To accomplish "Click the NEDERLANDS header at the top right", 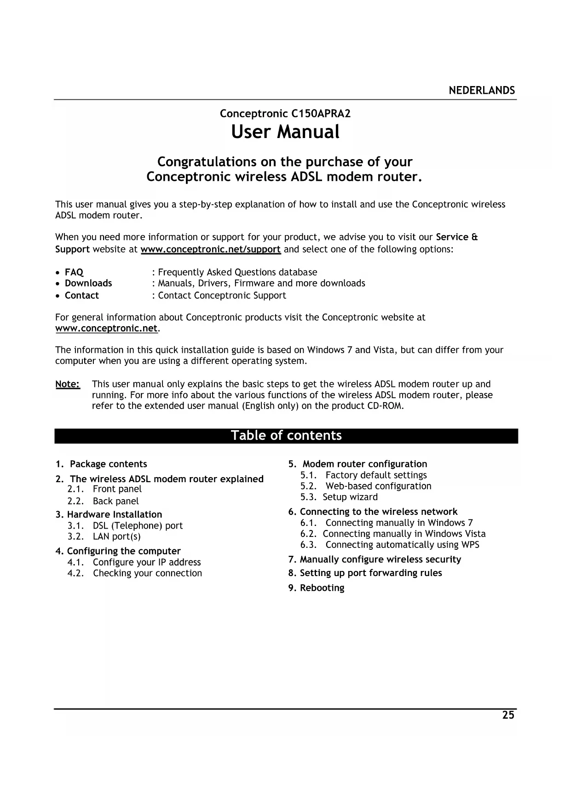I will [482, 90].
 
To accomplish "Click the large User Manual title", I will [285, 132].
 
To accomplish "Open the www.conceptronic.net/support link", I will [210, 249].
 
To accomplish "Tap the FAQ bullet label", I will [74, 272].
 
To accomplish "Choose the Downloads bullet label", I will [88, 283].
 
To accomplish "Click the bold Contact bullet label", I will [82, 295].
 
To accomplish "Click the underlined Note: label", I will [68, 384].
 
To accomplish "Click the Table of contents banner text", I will [286, 436].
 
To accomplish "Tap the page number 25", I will [508, 715].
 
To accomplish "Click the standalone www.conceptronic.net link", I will [106, 329].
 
